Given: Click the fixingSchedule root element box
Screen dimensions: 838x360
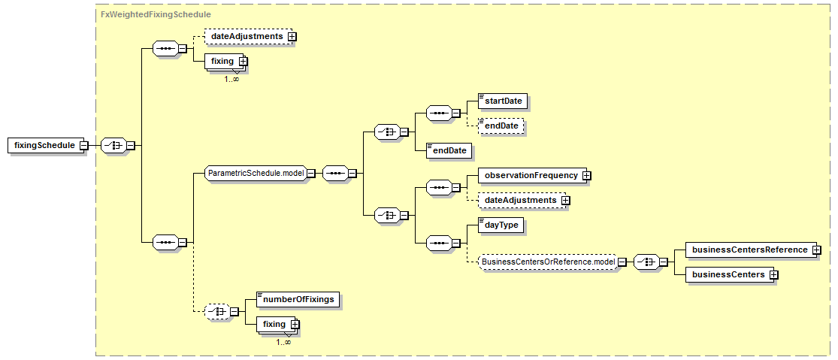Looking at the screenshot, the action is click(x=45, y=145).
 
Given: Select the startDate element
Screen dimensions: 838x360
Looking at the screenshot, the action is click(x=498, y=101).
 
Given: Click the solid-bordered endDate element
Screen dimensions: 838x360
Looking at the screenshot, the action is click(x=449, y=151).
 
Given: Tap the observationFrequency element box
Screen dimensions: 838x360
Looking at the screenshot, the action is click(x=531, y=175).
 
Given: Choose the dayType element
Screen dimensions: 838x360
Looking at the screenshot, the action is click(x=501, y=225).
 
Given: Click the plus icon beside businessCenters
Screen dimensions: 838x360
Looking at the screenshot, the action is click(x=773, y=274).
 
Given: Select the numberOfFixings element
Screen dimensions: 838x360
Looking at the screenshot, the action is click(x=298, y=300).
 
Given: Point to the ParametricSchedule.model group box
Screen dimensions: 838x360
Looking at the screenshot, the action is click(x=256, y=173).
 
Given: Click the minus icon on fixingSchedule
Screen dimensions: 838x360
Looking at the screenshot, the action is click(x=83, y=145).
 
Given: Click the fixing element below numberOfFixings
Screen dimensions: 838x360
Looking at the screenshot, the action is click(x=277, y=324).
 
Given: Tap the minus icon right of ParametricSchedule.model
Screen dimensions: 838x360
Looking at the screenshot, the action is click(x=310, y=173).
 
